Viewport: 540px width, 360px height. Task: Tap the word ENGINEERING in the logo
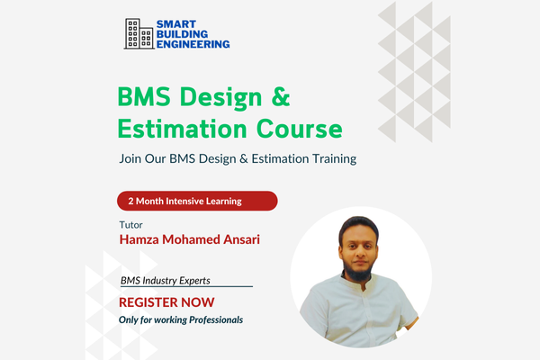tap(193, 42)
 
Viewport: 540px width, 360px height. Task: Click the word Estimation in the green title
tap(181, 128)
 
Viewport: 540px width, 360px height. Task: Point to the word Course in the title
tap(298, 128)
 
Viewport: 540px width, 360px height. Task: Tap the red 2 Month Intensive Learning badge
tap(196, 202)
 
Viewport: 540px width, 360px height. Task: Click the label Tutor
tap(130, 225)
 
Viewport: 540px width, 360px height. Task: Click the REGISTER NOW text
tap(163, 302)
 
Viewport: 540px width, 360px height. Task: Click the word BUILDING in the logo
tap(183, 32)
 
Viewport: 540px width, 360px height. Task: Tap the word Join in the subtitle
tap(130, 159)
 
